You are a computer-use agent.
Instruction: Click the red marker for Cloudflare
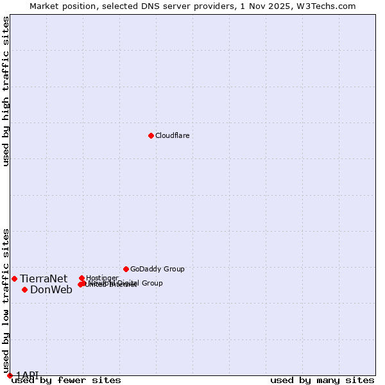pos(151,135)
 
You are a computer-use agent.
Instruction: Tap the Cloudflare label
pos(172,135)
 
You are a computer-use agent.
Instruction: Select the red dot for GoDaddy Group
pos(126,269)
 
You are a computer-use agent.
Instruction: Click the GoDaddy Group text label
pos(157,269)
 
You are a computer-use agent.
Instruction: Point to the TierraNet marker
pos(14,278)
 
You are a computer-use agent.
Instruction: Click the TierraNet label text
pos(44,278)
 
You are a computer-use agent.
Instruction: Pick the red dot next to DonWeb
pos(24,289)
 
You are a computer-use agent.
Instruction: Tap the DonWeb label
pos(51,289)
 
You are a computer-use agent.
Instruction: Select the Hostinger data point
pos(81,278)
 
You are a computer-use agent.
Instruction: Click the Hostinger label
pos(102,278)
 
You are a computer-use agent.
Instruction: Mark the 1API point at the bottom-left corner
pos(10,375)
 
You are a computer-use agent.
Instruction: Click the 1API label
pos(28,375)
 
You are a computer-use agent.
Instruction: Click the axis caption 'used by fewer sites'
pos(66,380)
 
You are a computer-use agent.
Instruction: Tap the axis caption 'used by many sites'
pos(322,380)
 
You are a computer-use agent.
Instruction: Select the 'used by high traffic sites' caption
pos(6,91)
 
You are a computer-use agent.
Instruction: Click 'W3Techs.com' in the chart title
pos(330,6)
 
